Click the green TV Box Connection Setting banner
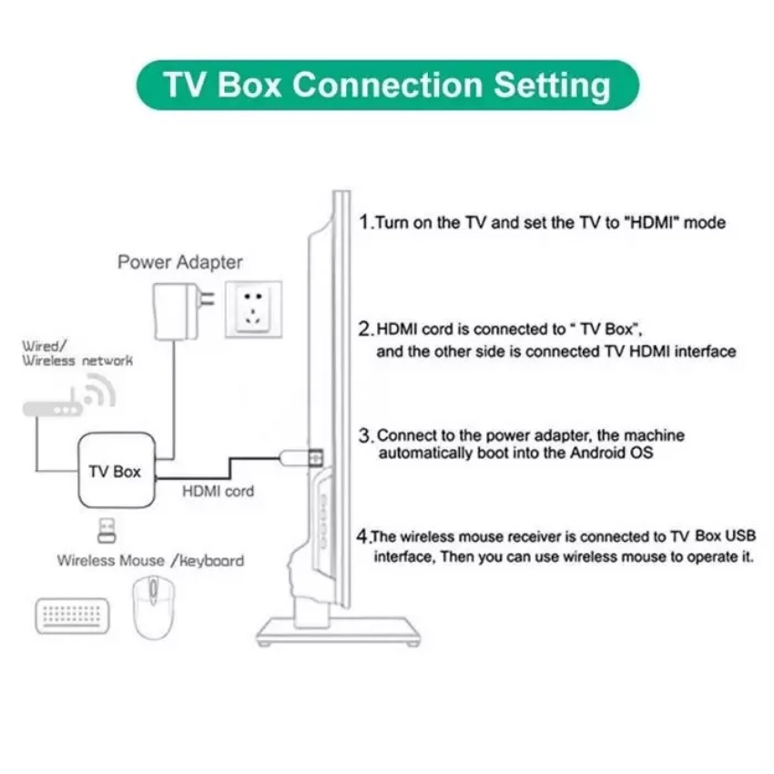(387, 85)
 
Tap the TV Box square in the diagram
(115, 472)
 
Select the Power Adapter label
(180, 262)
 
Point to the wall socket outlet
(252, 310)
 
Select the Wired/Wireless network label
(78, 353)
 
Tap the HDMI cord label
(219, 492)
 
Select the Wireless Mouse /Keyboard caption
(150, 560)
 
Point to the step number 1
(365, 222)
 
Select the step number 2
(366, 328)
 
